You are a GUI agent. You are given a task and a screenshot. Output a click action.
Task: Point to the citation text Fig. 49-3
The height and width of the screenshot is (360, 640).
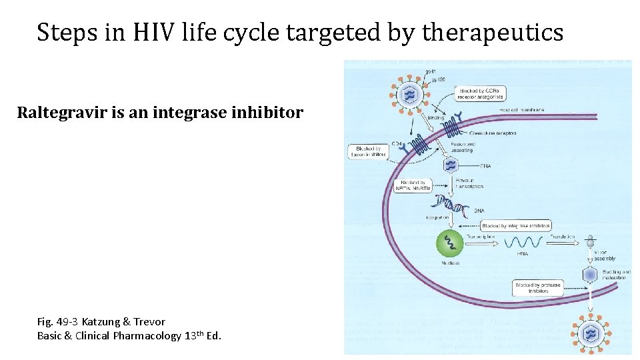58,321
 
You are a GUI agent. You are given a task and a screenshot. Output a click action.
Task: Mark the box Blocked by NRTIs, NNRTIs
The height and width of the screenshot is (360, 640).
413,185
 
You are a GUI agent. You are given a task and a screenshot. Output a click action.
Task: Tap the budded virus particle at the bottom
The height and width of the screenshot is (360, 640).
591,333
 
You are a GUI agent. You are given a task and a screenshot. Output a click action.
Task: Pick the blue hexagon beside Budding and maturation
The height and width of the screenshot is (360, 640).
589,275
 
